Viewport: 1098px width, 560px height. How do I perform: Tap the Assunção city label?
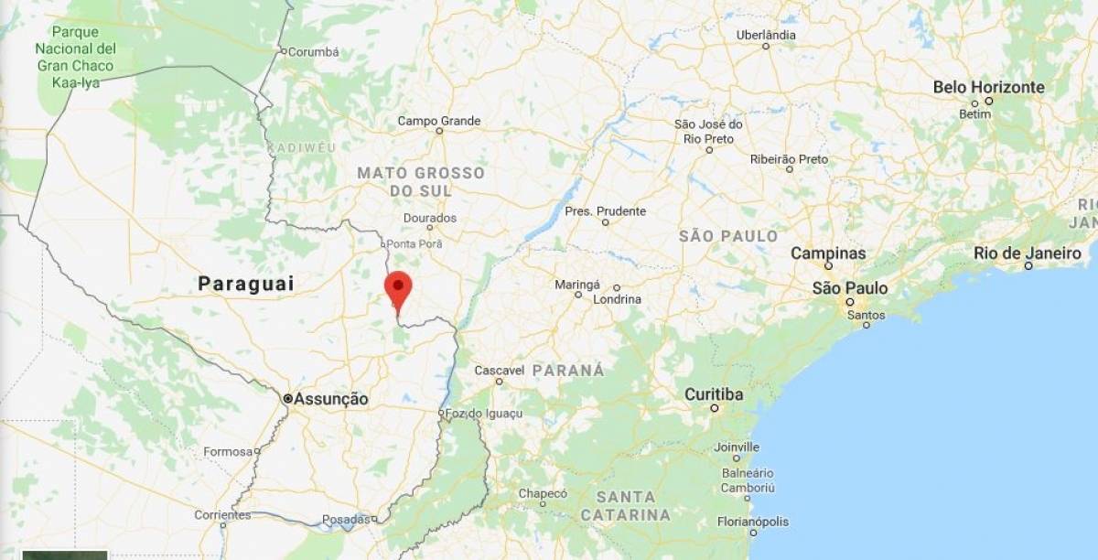(332, 399)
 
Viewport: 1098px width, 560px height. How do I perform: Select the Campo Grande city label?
(439, 121)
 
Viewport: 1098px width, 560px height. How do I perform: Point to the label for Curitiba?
(714, 394)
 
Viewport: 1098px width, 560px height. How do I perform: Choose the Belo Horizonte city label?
(988, 87)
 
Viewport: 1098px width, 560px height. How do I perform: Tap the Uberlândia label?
(766, 36)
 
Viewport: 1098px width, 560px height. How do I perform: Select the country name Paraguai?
(246, 284)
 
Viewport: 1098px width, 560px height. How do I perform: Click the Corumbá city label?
(313, 52)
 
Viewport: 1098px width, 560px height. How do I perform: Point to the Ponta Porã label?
(414, 243)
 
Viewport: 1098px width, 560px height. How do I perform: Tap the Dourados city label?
(430, 219)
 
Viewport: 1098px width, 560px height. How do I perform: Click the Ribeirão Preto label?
(789, 159)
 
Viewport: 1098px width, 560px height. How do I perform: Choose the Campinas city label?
(828, 253)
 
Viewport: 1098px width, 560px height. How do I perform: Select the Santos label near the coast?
(866, 315)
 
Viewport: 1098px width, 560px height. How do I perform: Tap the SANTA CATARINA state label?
(632, 505)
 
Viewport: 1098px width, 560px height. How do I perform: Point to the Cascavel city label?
(500, 371)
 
